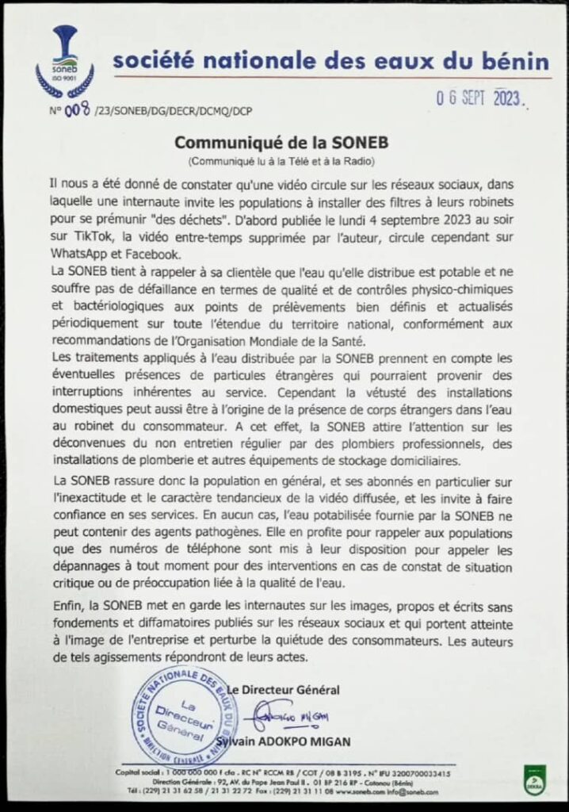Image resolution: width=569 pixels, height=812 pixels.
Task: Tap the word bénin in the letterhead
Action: (x=515, y=61)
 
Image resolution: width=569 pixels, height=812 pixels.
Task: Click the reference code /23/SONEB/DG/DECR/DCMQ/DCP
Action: (x=173, y=112)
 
